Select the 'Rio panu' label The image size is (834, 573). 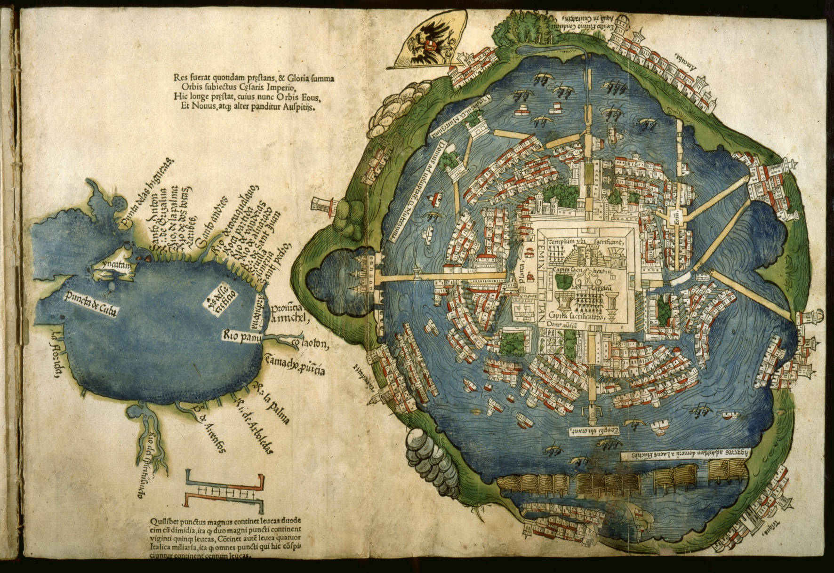(x=241, y=336)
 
